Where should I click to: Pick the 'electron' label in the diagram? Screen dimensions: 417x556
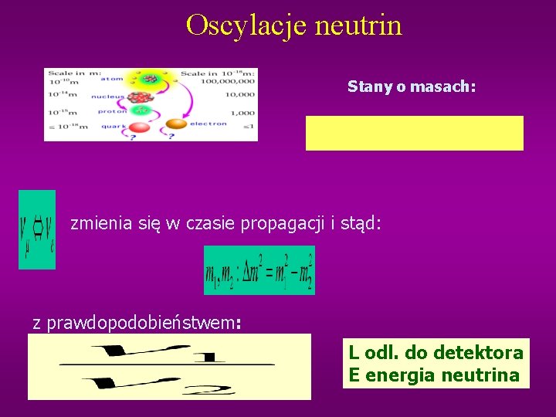click(208, 124)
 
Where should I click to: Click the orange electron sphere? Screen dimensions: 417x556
click(176, 124)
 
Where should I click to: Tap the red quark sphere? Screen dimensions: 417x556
click(139, 126)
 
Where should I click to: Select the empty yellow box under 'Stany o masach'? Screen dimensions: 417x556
click(414, 133)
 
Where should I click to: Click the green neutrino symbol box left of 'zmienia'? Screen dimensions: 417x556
click(37, 229)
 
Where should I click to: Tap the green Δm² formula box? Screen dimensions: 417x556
click(259, 270)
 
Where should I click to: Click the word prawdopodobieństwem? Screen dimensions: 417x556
click(143, 323)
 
